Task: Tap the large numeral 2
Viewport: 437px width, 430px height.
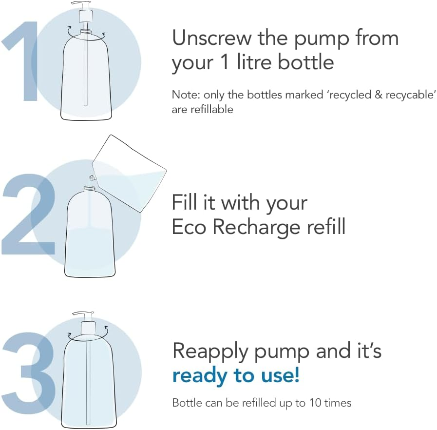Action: click(x=28, y=214)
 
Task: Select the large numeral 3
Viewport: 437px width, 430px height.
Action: click(x=28, y=373)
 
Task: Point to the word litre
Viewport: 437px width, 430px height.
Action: click(x=254, y=62)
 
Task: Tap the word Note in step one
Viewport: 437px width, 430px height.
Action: click(x=185, y=95)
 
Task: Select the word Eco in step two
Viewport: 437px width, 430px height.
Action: click(x=189, y=227)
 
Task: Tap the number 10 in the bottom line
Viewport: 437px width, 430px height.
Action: click(x=315, y=403)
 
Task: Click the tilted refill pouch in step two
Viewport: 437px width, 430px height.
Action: click(x=129, y=173)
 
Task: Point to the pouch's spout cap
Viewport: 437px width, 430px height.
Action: click(x=92, y=177)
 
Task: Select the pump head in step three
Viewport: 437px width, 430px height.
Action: click(x=86, y=324)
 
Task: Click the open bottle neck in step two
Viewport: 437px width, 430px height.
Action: click(x=90, y=189)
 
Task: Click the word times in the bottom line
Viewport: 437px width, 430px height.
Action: click(x=338, y=403)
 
